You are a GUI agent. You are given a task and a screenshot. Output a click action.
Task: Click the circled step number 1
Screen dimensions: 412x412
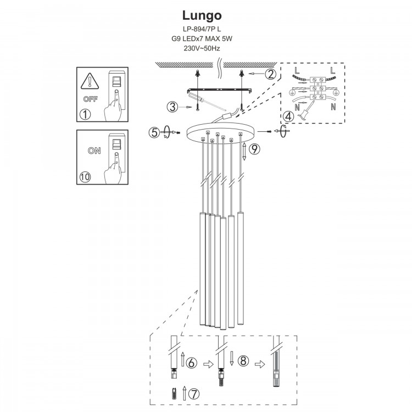coord(85,114)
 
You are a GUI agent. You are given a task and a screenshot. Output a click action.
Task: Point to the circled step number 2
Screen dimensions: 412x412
coord(270,74)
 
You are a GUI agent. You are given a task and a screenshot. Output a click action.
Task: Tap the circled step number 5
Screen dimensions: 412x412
coord(154,132)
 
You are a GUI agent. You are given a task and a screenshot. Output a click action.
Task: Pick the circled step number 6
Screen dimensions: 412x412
coord(191,363)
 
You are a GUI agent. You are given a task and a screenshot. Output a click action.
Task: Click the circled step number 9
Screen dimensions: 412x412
coord(253,148)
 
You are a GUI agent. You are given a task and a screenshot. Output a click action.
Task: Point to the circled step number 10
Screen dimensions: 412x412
coord(85,177)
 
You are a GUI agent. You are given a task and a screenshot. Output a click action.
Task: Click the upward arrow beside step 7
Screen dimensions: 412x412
coord(184,393)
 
